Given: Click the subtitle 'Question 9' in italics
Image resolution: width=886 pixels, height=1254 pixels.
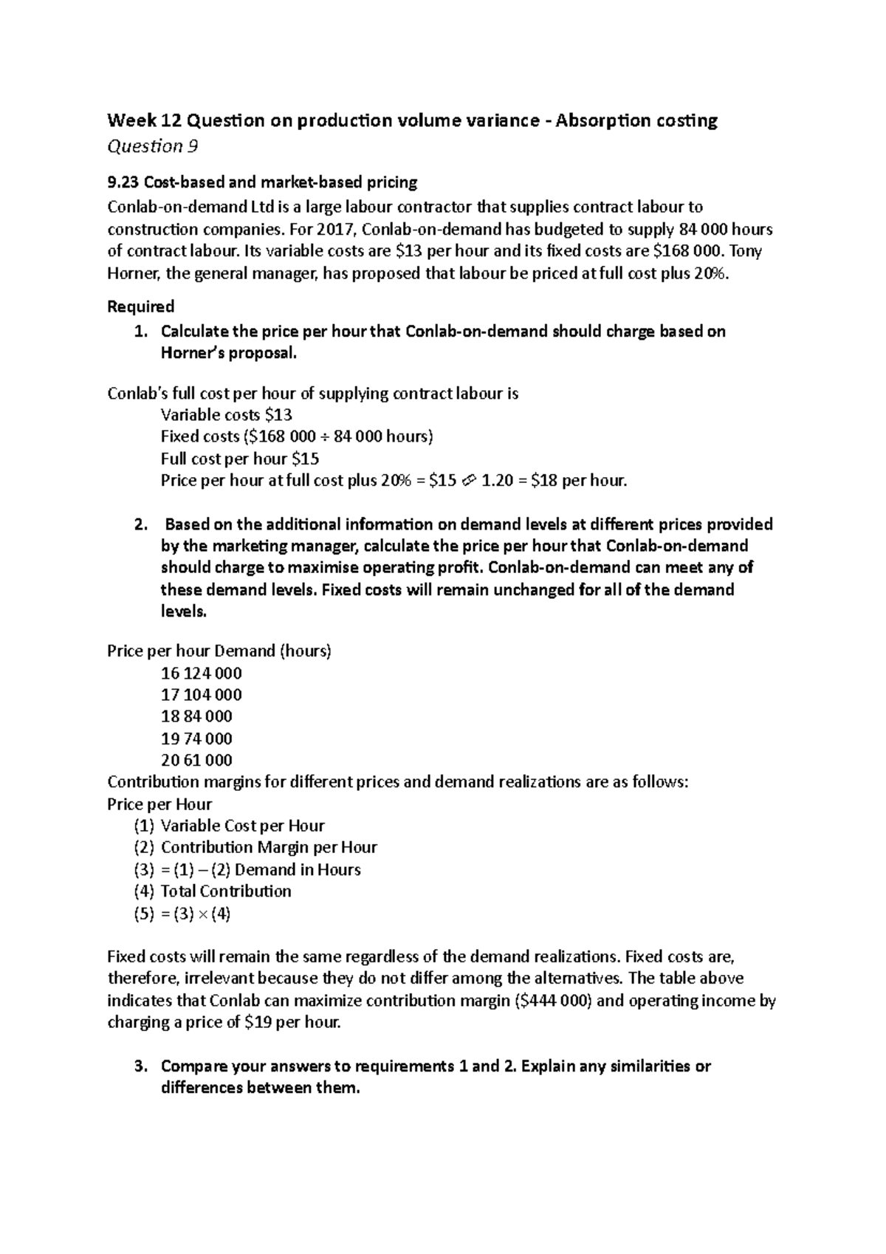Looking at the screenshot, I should (152, 146).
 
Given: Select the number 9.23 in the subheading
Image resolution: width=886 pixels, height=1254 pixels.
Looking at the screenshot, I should (123, 182).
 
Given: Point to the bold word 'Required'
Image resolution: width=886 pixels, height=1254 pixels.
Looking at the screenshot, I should (140, 306).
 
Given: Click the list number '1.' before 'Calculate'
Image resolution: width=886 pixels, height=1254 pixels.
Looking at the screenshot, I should (141, 332).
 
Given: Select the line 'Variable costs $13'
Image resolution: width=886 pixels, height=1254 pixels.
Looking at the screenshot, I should (227, 415).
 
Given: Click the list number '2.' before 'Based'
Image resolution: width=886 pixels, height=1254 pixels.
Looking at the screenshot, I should (141, 525).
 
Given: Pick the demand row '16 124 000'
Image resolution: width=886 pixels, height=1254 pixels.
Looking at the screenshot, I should (201, 674).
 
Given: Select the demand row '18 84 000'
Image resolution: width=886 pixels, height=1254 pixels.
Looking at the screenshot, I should (196, 716).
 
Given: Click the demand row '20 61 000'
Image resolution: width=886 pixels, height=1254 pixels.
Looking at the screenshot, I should (196, 760).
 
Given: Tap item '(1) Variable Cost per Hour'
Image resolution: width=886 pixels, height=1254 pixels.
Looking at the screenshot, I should (229, 826).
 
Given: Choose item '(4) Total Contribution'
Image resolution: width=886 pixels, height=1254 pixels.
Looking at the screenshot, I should (213, 891).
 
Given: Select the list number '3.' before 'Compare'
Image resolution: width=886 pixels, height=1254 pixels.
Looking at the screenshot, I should (141, 1066).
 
